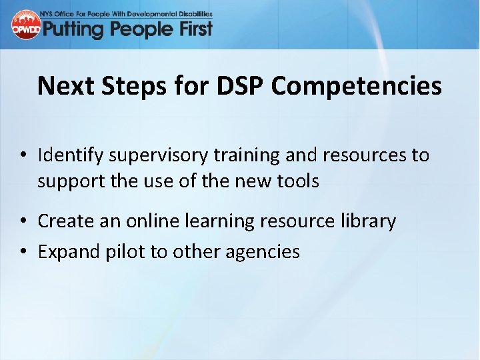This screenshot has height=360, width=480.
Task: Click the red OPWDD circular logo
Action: click(26, 25)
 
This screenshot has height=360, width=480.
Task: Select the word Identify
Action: click(70, 156)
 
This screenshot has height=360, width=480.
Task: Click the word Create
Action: click(62, 221)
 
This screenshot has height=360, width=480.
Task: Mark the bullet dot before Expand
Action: click(23, 252)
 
